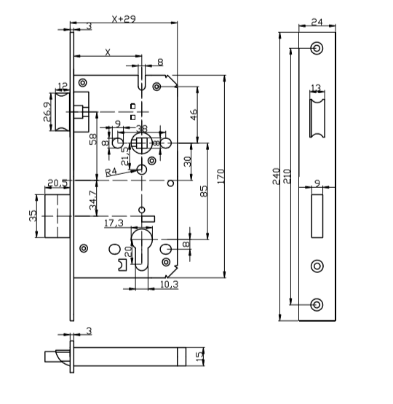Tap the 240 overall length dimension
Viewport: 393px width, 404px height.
coord(277,176)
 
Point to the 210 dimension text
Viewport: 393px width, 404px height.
coord(287,176)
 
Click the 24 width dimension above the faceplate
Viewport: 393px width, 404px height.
coord(316,23)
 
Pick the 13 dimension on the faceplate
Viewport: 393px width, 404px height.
coord(316,88)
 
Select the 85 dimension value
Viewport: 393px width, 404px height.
coord(204,191)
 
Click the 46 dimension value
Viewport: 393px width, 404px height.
coord(193,114)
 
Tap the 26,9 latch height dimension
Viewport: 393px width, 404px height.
coord(47,113)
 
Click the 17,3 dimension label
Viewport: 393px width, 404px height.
coord(113,223)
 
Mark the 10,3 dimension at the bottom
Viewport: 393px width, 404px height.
coord(168,285)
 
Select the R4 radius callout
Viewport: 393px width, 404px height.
coord(111,173)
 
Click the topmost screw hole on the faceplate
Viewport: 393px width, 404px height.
coord(316,49)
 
